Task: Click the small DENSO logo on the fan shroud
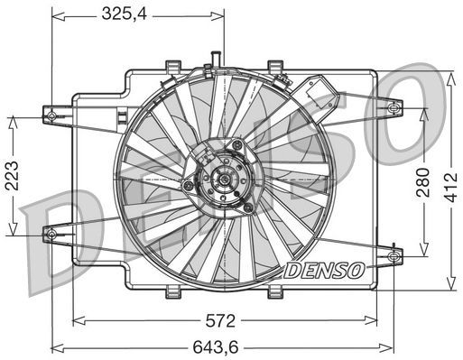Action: (x=324, y=269)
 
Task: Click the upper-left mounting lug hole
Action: (x=51, y=115)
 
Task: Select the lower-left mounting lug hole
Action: (x=50, y=234)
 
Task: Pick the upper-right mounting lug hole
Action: (x=392, y=108)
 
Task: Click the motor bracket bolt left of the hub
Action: (x=189, y=186)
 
